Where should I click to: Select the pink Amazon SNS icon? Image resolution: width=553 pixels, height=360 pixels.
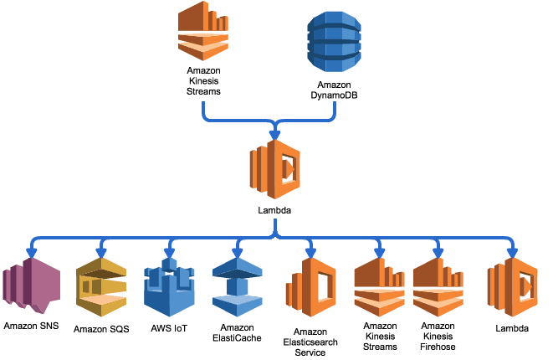tap(31, 288)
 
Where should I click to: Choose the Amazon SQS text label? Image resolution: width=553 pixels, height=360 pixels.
tap(101, 328)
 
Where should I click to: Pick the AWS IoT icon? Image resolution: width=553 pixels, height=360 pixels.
tap(169, 285)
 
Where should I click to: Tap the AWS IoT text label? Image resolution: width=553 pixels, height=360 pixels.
tap(169, 327)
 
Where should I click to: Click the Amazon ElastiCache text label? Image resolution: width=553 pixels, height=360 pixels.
tap(238, 332)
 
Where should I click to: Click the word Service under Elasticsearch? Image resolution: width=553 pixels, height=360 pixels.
tap(310, 352)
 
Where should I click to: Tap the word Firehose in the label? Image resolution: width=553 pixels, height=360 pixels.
tap(438, 346)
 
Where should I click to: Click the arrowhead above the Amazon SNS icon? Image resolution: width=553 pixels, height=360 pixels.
tap(32, 251)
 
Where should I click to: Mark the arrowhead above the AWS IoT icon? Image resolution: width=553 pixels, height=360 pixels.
tap(169, 251)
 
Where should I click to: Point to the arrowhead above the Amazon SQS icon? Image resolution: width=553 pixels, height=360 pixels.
tap(101, 251)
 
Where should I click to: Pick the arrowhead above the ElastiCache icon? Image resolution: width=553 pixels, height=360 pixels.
tap(238, 251)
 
